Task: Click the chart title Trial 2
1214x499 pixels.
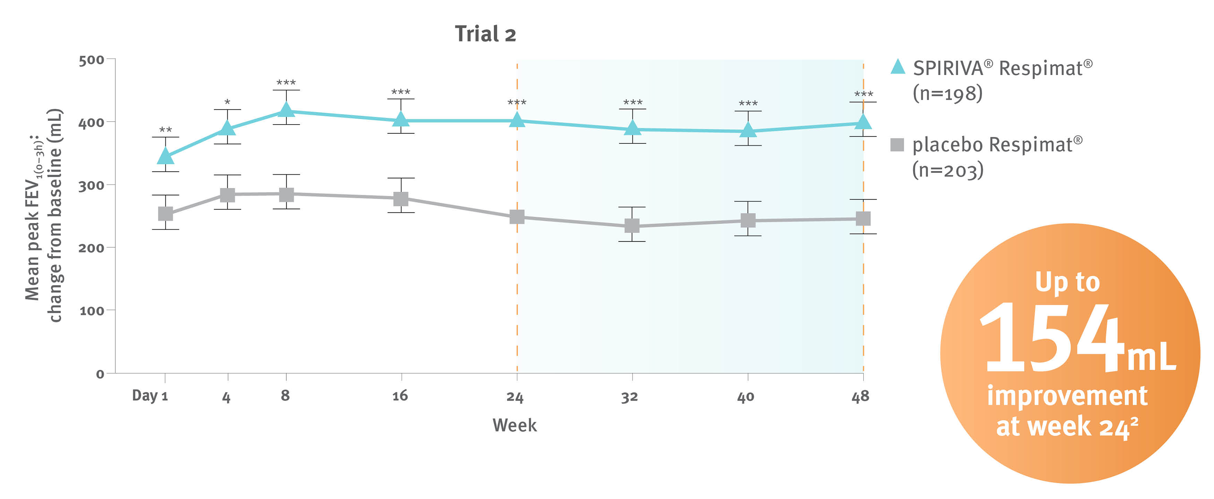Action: pyautogui.click(x=486, y=34)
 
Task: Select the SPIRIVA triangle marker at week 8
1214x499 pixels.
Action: pyautogui.click(x=286, y=110)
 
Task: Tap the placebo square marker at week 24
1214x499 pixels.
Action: pyautogui.click(x=517, y=217)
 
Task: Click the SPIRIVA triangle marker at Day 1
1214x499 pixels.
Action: pyautogui.click(x=165, y=156)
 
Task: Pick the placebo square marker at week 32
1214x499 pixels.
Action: pyautogui.click(x=632, y=226)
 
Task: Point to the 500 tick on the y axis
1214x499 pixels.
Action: pyautogui.click(x=91, y=61)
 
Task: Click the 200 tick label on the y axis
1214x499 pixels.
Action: pyautogui.click(x=91, y=248)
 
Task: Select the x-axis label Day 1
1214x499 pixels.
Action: pyautogui.click(x=150, y=396)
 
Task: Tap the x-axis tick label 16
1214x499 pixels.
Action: pyautogui.click(x=400, y=396)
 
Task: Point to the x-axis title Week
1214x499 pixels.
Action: pyautogui.click(x=515, y=425)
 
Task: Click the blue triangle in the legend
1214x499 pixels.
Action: pyautogui.click(x=898, y=67)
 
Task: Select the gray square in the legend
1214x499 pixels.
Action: pyautogui.click(x=897, y=145)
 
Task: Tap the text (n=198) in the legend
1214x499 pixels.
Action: pyautogui.click(x=948, y=93)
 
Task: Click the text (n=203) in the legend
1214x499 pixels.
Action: pyautogui.click(x=948, y=170)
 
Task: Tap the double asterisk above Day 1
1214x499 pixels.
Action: pyautogui.click(x=165, y=130)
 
